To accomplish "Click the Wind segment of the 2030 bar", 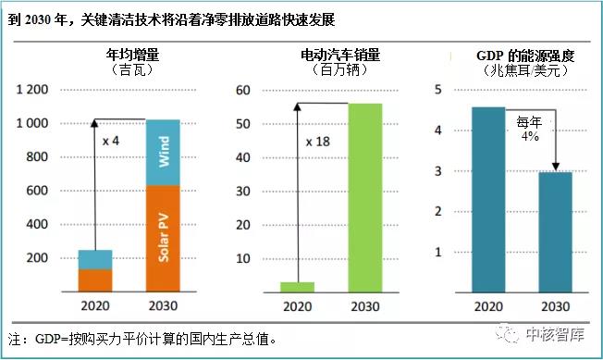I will (163, 152).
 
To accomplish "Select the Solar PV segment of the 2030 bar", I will (163, 237).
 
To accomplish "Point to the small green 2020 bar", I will (297, 286).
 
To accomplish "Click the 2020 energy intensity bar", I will (488, 199).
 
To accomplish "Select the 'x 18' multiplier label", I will (318, 143).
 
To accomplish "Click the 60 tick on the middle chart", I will (243, 90).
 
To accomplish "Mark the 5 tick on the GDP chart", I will (438, 90).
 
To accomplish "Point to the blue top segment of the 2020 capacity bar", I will (94, 259).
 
